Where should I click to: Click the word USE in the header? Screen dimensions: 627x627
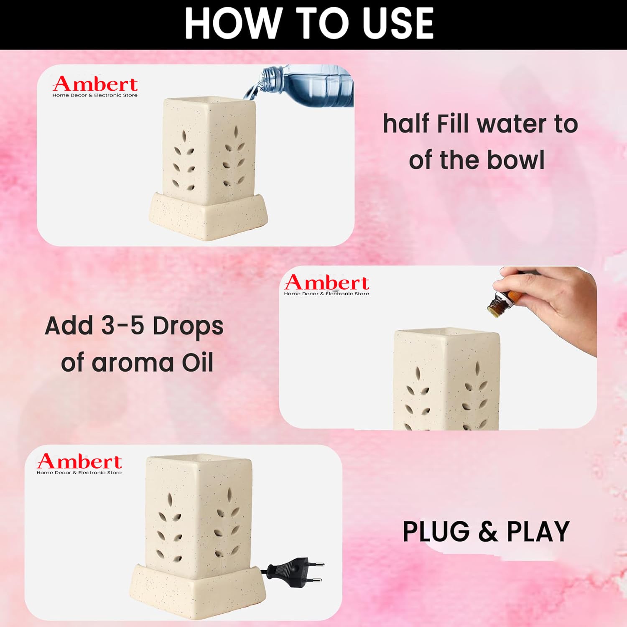[399, 23]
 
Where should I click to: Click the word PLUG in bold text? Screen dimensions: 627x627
[436, 532]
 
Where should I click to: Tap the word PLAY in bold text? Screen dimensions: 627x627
[538, 532]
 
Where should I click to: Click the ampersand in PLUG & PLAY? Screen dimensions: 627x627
[488, 532]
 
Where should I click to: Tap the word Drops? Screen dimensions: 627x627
[188, 327]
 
